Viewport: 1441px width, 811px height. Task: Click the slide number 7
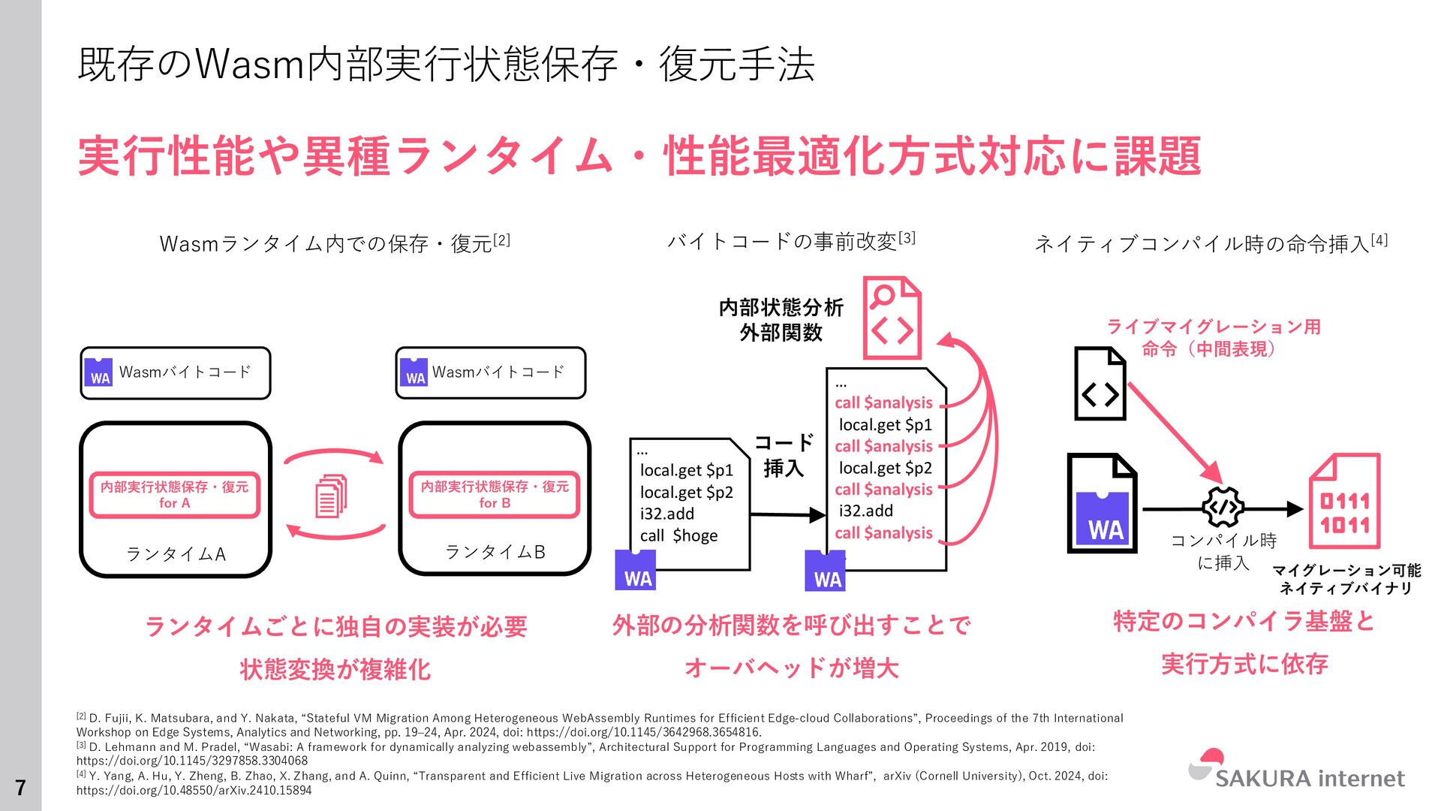(x=20, y=787)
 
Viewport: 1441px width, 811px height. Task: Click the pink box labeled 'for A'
(x=174, y=495)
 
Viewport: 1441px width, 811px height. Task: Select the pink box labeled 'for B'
(x=495, y=495)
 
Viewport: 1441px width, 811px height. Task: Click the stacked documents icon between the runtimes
(x=331, y=496)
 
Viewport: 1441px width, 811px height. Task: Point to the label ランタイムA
(x=176, y=554)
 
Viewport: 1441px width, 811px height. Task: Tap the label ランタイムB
(x=495, y=553)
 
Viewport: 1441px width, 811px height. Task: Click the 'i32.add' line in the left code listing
(x=666, y=514)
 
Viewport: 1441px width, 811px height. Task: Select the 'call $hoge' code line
(x=678, y=535)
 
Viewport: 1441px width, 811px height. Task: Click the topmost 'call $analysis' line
(x=883, y=402)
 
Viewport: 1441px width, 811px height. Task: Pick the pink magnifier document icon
(x=892, y=318)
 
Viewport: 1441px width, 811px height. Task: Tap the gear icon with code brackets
(x=1223, y=508)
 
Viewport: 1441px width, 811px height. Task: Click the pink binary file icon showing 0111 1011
(x=1344, y=501)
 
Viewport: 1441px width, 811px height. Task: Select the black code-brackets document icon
(x=1100, y=383)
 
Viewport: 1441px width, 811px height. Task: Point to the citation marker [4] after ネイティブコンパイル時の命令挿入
(x=1379, y=240)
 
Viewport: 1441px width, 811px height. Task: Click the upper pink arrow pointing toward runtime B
(x=334, y=454)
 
